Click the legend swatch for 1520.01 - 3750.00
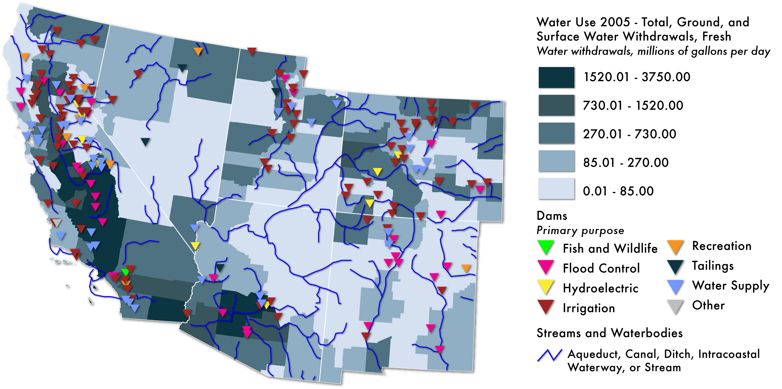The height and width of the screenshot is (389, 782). (556, 78)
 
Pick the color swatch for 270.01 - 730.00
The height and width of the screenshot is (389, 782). (556, 133)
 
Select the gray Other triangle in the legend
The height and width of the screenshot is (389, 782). (675, 306)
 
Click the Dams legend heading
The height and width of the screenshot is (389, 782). (552, 216)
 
